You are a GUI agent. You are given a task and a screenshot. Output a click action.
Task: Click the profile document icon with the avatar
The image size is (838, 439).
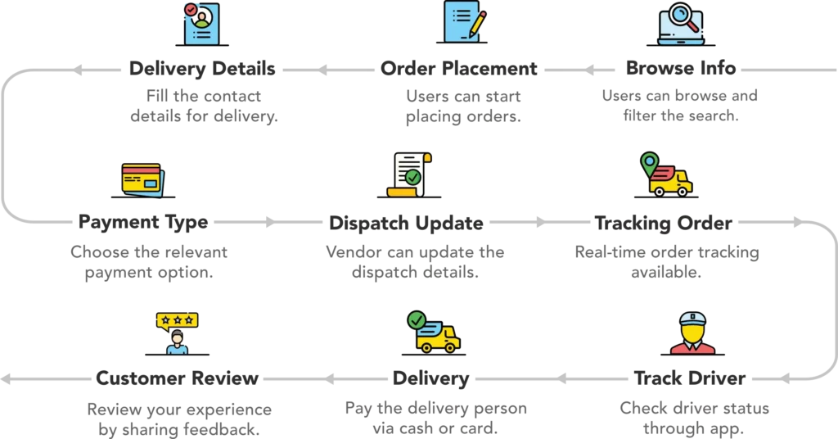click(x=201, y=23)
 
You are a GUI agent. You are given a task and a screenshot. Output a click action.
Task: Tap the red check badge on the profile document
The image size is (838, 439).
click(x=191, y=10)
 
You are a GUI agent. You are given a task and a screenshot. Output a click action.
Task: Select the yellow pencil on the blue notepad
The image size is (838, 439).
click(x=477, y=24)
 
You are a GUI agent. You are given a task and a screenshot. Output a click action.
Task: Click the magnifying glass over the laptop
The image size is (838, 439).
click(x=684, y=15)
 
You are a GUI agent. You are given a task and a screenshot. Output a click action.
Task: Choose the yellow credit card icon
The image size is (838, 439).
click(x=141, y=179)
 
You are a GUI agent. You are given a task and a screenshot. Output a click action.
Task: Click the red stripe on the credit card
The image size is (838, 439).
click(x=141, y=171)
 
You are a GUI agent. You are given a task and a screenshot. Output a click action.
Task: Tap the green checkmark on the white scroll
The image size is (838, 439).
click(x=413, y=176)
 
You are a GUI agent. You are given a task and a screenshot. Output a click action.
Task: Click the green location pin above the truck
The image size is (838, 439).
click(x=649, y=163)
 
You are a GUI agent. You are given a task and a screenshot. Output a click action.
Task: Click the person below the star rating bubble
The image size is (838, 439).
click(x=176, y=342)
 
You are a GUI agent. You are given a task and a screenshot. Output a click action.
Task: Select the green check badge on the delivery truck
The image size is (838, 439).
click(x=417, y=319)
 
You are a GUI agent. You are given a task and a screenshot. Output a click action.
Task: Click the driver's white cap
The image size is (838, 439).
click(x=692, y=317)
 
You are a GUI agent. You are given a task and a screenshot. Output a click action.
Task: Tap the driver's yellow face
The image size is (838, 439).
click(x=692, y=332)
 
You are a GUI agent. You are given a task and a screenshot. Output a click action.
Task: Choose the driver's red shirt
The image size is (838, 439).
click(x=692, y=348)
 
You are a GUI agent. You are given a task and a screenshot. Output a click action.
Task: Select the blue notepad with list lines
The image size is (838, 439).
click(x=461, y=21)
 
